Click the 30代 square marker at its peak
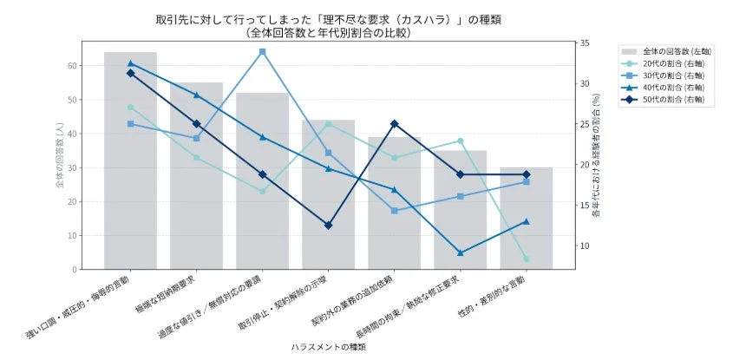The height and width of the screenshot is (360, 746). click(x=262, y=52)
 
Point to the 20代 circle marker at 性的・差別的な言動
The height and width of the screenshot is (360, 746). click(x=526, y=259)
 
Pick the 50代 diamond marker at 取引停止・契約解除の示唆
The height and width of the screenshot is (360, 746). click(x=328, y=226)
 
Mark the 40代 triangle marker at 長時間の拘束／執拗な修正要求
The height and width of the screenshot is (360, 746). click(x=460, y=253)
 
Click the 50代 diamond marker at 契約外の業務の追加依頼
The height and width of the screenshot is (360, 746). click(x=394, y=124)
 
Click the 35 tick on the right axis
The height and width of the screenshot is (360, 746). click(x=585, y=43)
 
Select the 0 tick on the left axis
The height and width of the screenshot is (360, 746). click(x=74, y=270)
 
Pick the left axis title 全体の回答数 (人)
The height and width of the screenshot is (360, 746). click(x=54, y=155)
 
